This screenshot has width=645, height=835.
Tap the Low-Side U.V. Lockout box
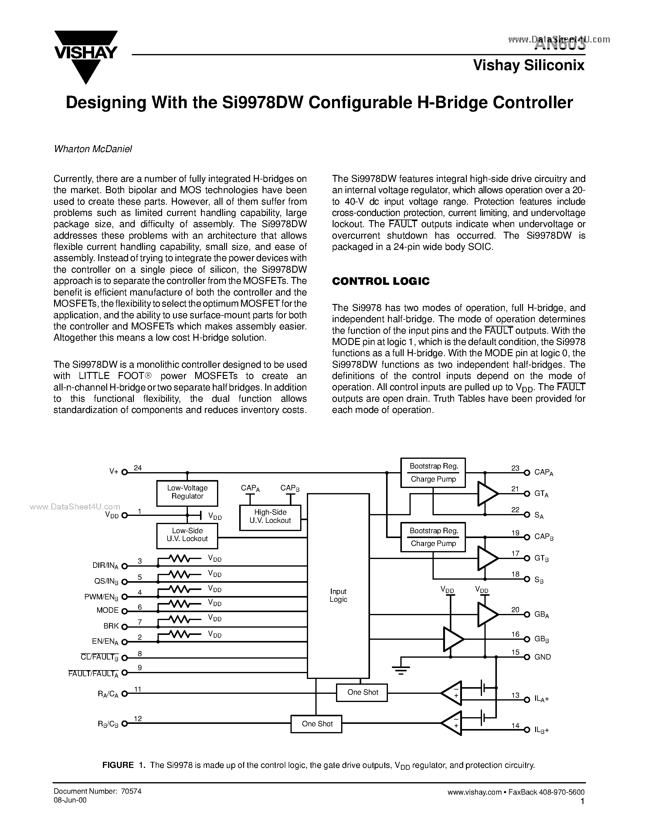(x=187, y=536)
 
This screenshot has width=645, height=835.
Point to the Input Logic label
(x=338, y=595)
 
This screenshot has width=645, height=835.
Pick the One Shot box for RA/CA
(x=362, y=692)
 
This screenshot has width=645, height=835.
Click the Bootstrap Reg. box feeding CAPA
(x=433, y=472)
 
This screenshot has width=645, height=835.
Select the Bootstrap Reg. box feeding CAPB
(x=433, y=537)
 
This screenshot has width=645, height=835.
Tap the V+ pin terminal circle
(x=124, y=472)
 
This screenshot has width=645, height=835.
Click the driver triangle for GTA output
(x=487, y=494)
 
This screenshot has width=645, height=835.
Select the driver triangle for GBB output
(x=453, y=639)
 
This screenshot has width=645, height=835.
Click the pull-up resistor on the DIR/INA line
(x=180, y=559)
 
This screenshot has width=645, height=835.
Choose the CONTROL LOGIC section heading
(x=381, y=281)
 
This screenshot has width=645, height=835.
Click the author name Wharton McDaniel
(x=93, y=149)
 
